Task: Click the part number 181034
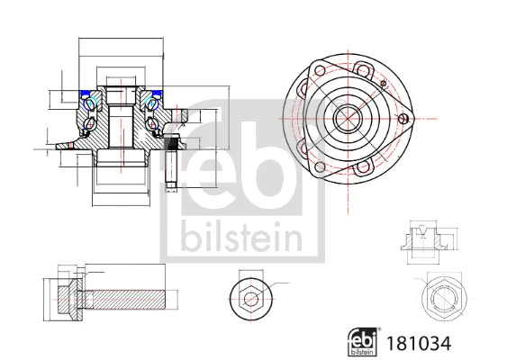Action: [x=418, y=343]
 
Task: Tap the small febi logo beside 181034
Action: [x=362, y=341]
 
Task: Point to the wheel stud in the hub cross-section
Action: [x=171, y=161]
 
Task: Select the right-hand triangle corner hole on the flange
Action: [x=402, y=116]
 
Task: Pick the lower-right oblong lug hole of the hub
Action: [x=364, y=166]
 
